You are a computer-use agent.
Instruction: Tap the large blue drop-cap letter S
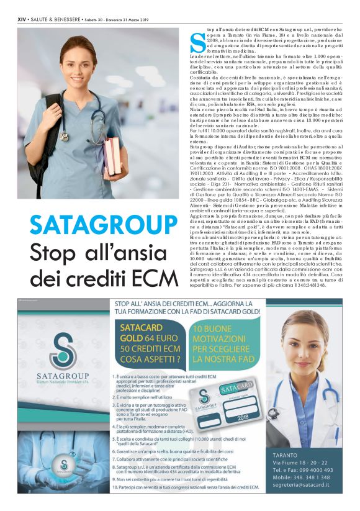coord(197,42)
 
